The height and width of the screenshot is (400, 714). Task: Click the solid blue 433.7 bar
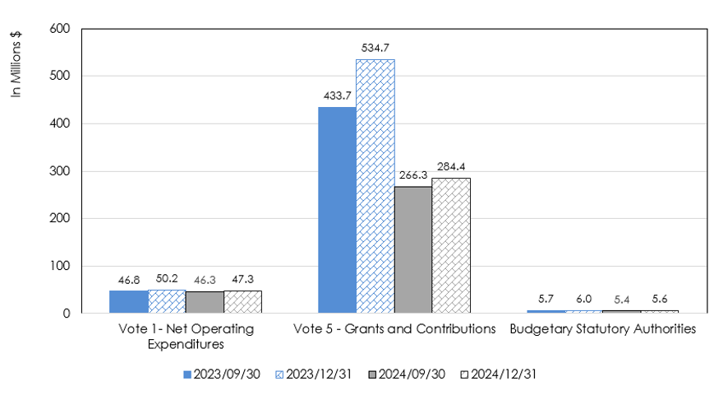337,210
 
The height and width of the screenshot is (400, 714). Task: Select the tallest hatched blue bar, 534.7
375,186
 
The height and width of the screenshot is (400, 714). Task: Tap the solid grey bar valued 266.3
413,250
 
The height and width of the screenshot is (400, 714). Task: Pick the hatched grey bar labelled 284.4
451,245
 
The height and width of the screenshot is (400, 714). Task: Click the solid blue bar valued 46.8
128,302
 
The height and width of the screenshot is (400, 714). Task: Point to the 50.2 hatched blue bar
167,301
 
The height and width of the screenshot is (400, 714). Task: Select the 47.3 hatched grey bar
242,302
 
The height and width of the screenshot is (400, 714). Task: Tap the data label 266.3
413,175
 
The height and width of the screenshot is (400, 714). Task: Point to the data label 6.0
583,300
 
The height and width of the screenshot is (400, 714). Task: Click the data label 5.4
622,300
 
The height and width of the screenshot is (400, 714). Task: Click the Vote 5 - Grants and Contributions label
394,329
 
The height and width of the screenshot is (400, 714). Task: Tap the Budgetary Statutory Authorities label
602,329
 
